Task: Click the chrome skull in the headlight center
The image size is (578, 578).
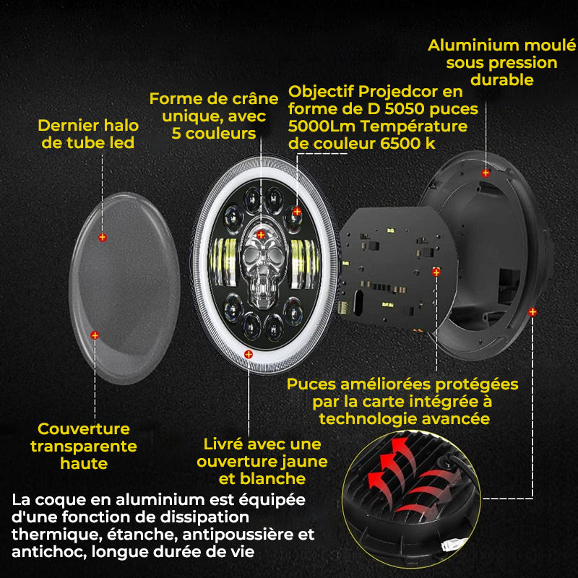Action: (x=262, y=264)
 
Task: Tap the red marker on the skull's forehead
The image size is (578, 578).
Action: (x=261, y=235)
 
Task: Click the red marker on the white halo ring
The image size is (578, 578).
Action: (x=249, y=354)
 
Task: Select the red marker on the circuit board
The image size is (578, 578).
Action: (x=436, y=272)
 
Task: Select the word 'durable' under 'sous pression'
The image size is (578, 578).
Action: (x=502, y=80)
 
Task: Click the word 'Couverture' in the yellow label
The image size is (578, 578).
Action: (x=84, y=428)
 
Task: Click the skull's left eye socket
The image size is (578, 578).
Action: (x=251, y=254)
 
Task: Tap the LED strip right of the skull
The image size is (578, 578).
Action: (x=304, y=263)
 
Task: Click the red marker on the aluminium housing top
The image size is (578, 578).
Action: (x=486, y=173)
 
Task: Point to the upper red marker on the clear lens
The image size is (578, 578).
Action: (x=103, y=238)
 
